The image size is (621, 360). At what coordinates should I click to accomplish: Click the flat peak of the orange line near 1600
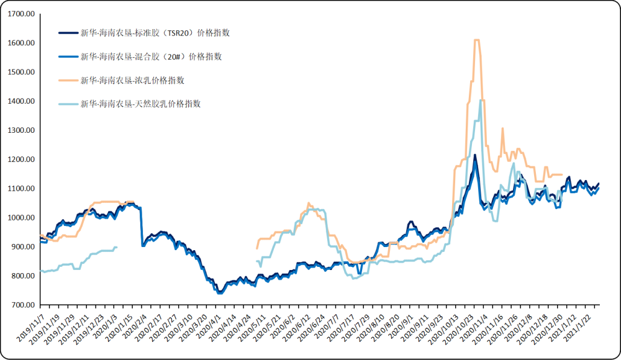477,40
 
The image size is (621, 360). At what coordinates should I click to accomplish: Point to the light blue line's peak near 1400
480,101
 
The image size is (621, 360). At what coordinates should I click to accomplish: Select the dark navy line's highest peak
474,155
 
